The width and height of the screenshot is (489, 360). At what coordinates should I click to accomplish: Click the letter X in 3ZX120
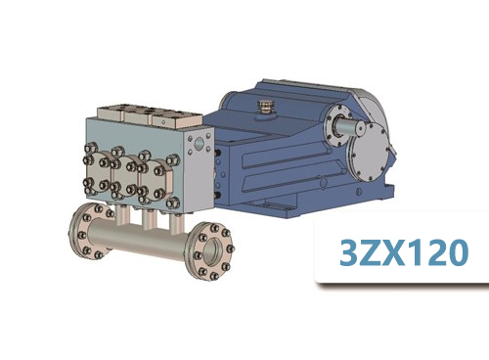391,253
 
